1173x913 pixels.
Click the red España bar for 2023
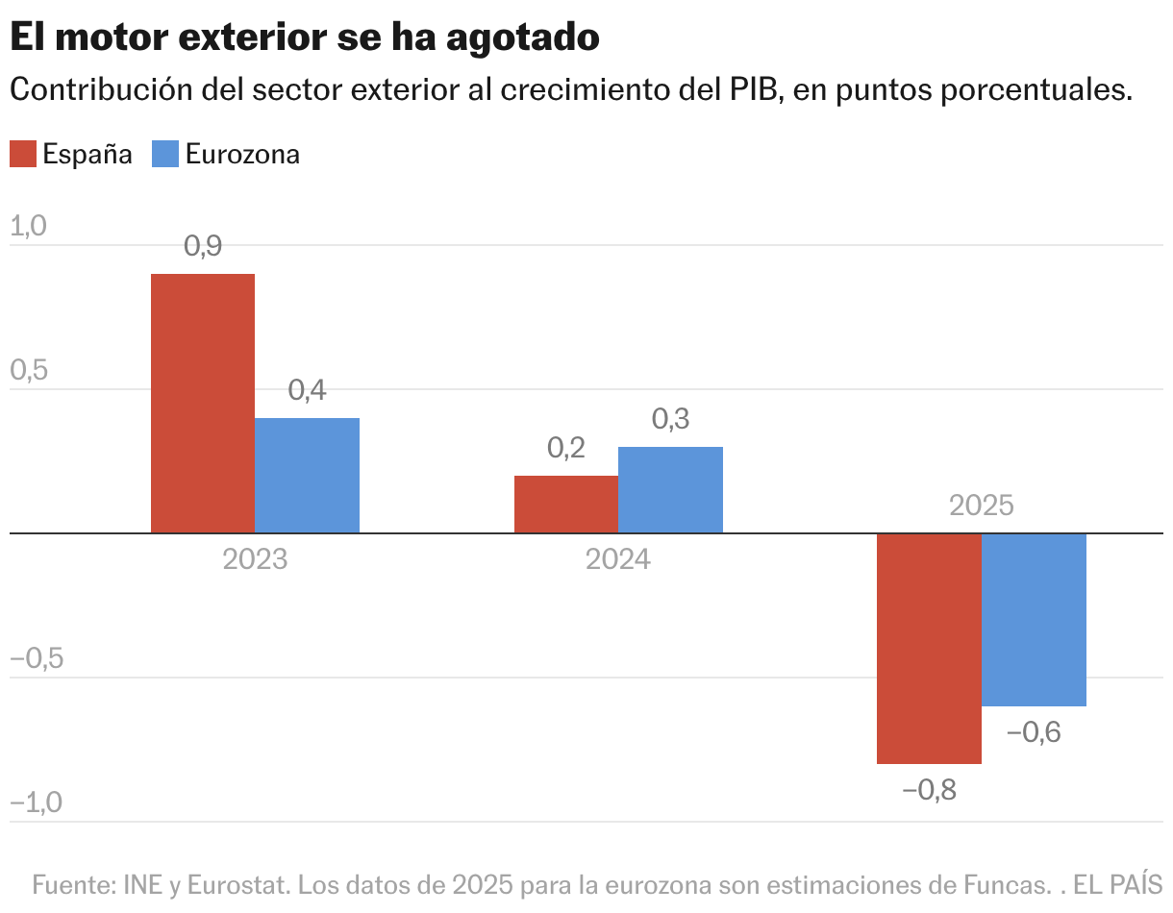tap(203, 404)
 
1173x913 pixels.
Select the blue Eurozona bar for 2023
tap(308, 476)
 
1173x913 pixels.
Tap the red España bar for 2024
tap(566, 505)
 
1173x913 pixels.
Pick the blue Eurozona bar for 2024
tap(670, 490)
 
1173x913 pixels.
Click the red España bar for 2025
tap(930, 649)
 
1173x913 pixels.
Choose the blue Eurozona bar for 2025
tap(1034, 620)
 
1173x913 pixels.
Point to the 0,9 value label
tap(203, 246)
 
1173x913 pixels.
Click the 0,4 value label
tap(308, 390)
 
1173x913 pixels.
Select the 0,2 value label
tap(566, 448)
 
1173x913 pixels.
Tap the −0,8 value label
tap(930, 791)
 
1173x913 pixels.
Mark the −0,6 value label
tap(1034, 732)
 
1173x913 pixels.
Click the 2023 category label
tap(255, 559)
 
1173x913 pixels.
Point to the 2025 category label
tap(982, 506)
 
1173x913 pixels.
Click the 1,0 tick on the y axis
tap(28, 226)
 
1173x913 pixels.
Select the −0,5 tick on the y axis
tap(36, 658)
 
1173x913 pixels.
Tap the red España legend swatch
tap(23, 154)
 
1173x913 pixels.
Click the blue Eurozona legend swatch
tap(165, 154)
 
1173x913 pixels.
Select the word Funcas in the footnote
tap(1006, 883)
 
